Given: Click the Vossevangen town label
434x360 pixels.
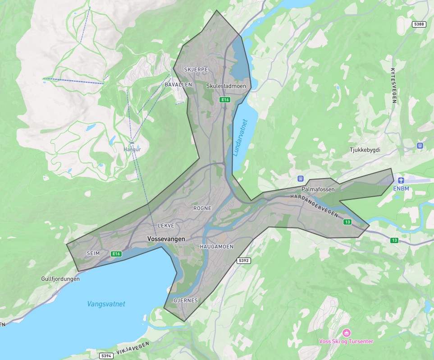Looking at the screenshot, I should coord(166,239).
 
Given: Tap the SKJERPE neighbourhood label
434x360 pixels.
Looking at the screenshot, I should coord(196,69).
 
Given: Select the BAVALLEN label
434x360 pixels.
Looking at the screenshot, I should coord(178,84).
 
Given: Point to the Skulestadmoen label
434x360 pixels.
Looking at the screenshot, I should coord(225,85).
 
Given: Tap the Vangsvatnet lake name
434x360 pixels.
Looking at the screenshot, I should coord(106,304).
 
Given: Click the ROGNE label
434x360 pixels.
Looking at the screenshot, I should coord(202,208).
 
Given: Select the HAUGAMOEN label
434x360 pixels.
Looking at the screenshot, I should coord(216,247).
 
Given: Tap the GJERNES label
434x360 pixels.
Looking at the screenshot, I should coord(186,300).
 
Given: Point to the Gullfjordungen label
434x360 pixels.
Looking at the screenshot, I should coord(60,279).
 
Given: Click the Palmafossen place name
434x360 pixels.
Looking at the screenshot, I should coord(318,189).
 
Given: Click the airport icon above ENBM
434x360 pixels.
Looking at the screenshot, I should coord(395,180).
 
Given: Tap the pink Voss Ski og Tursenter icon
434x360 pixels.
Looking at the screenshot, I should coord(346,333).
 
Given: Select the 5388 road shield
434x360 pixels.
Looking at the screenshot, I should coord(419,24).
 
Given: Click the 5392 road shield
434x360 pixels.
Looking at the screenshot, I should coord(243,261).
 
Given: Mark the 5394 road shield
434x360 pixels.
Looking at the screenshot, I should coord(106,356).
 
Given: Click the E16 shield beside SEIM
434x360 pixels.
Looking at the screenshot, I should coord(117,254).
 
